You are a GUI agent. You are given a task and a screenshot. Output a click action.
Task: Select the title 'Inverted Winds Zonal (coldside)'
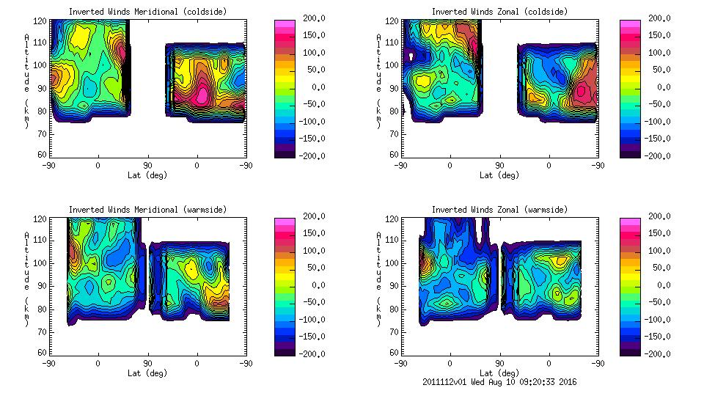pos(500,11)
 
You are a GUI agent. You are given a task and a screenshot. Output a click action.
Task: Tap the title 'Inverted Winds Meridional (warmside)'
pos(148,209)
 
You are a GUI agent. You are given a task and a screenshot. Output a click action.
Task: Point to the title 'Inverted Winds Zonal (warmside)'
pos(500,209)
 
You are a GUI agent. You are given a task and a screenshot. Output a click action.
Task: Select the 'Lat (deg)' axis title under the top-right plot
pos(500,175)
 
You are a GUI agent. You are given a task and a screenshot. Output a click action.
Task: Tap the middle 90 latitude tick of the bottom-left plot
pos(147,363)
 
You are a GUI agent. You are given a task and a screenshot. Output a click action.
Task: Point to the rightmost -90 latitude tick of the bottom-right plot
pos(598,363)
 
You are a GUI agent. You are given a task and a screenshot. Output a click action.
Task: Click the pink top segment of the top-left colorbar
pos(284,23)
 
